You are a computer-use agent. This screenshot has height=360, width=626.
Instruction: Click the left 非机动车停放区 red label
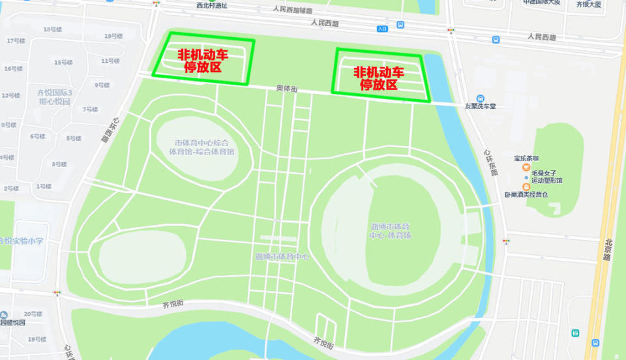203,60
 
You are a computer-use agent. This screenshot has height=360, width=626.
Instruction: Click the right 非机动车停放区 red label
379,78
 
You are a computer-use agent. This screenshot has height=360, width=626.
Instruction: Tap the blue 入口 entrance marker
382,29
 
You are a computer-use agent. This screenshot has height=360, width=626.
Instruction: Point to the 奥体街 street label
286,88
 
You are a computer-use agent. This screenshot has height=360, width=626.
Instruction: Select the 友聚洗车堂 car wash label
480,106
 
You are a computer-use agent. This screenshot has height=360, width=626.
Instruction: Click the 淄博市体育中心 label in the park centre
282,256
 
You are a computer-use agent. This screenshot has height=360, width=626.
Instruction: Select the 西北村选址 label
212,5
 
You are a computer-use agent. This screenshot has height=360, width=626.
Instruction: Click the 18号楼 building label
52,29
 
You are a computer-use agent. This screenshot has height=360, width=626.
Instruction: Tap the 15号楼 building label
63,63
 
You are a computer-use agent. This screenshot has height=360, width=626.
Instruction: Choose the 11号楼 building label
110,61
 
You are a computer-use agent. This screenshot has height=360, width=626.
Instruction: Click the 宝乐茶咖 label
526,158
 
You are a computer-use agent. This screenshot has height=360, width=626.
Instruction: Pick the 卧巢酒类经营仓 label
526,194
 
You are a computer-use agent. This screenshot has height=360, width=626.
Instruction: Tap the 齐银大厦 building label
588,5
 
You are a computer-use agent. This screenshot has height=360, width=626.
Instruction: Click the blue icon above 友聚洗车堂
480,98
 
